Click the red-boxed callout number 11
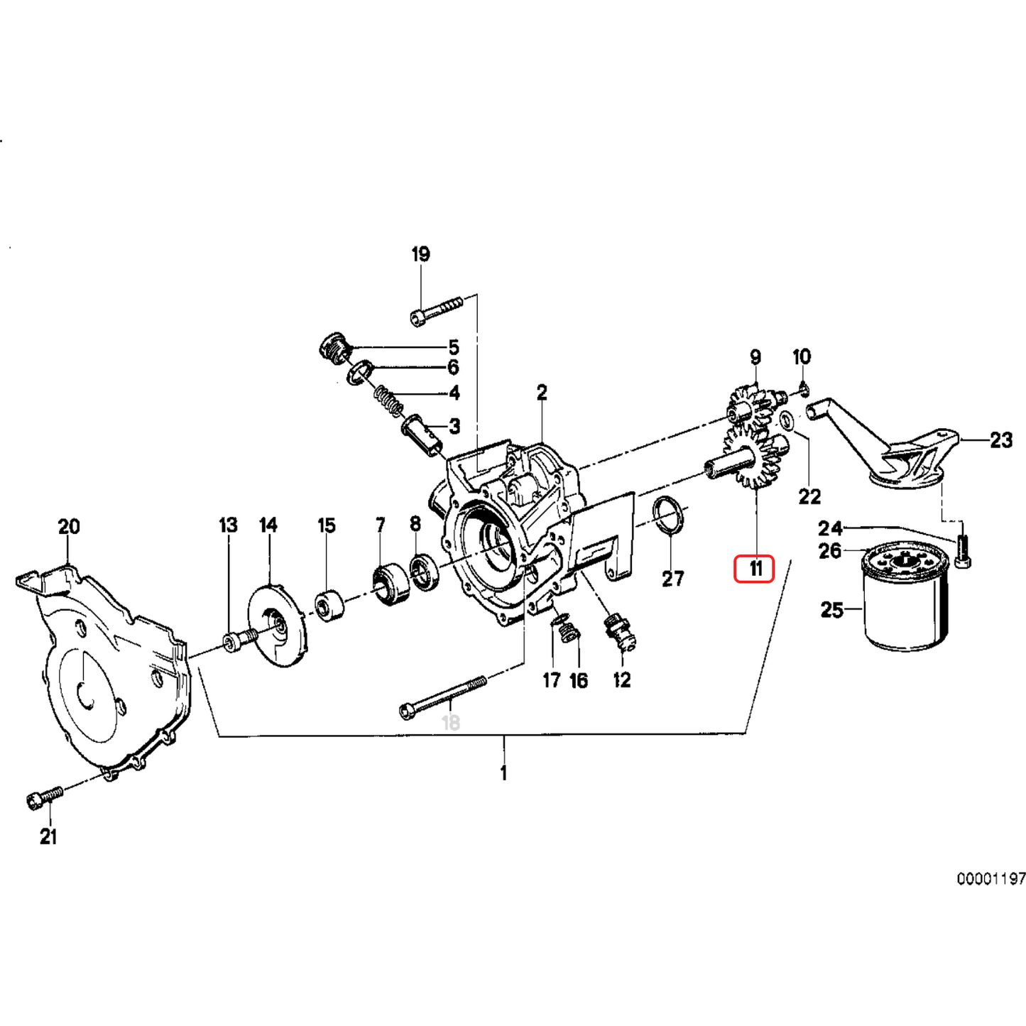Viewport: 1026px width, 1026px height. [x=753, y=568]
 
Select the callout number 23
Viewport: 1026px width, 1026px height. [x=1000, y=440]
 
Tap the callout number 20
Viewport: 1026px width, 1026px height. [x=69, y=527]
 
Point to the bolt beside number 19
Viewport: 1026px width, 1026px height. [x=435, y=311]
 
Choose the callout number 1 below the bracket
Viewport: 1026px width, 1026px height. [x=503, y=773]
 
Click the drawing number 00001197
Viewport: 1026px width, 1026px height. [x=990, y=879]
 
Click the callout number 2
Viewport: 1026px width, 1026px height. [x=542, y=393]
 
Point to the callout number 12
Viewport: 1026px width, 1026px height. [x=621, y=680]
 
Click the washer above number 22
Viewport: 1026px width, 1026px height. [x=787, y=421]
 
